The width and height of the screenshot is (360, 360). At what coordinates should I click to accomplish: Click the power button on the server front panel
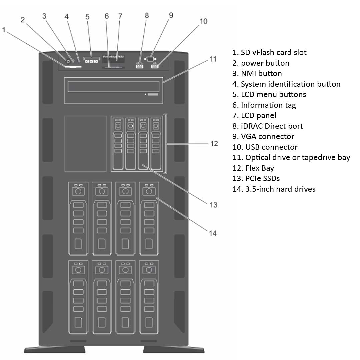[x=68, y=61]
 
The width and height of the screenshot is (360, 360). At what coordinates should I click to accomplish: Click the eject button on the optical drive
[x=153, y=95]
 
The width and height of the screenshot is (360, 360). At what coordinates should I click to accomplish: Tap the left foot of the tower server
[x=55, y=349]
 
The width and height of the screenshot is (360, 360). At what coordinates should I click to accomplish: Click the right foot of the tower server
[x=173, y=349]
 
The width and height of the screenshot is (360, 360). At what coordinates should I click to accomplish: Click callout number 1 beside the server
[x=4, y=30]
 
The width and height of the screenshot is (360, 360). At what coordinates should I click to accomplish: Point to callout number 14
[x=213, y=233]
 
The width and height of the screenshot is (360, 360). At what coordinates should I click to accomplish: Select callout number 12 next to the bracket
[x=214, y=143]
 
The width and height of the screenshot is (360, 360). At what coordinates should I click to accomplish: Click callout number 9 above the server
[x=171, y=15]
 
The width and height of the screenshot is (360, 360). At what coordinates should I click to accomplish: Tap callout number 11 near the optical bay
[x=213, y=59]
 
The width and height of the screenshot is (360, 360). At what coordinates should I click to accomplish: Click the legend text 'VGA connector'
[x=263, y=136]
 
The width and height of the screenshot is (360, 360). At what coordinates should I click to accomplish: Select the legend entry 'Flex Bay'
[x=253, y=168]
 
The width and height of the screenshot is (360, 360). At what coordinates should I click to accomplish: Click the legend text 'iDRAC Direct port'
[x=268, y=126]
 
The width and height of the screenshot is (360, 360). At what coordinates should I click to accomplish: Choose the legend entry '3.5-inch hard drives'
[x=274, y=189]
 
